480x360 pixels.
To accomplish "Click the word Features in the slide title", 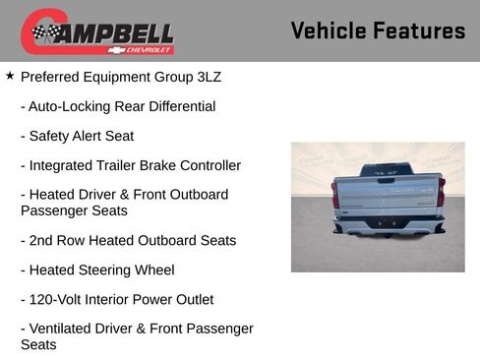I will coord(421,31).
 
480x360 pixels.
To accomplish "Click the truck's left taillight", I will coord(335,193).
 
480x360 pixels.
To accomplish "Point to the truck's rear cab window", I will coord(387,170).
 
